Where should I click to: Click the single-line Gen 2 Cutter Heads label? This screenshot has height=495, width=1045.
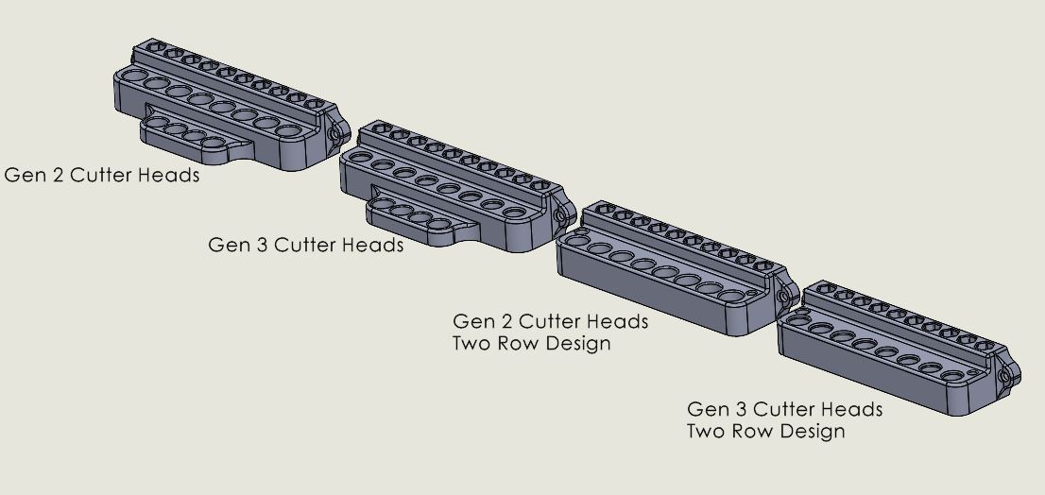(x=102, y=175)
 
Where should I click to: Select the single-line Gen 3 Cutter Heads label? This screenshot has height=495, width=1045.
(x=305, y=245)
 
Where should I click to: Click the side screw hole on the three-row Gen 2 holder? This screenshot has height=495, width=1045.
(x=334, y=137)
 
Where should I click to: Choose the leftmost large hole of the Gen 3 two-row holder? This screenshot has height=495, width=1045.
(x=799, y=322)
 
